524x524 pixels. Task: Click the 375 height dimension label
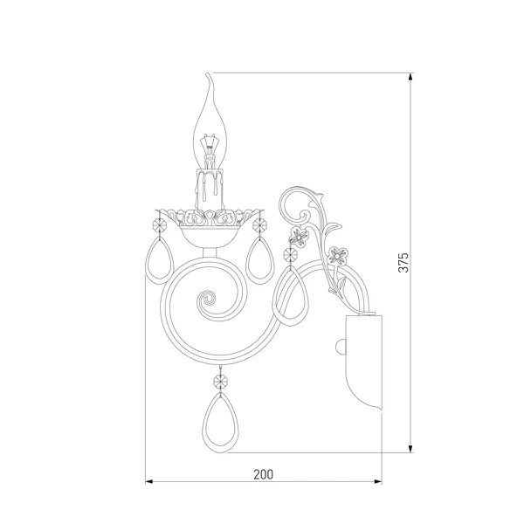403,262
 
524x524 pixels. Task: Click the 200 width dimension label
264,474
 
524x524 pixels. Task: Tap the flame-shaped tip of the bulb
210,80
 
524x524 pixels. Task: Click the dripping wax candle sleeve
210,190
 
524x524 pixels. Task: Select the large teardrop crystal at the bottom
220,423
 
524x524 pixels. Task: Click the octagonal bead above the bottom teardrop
220,381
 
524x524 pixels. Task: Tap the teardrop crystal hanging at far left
160,260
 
